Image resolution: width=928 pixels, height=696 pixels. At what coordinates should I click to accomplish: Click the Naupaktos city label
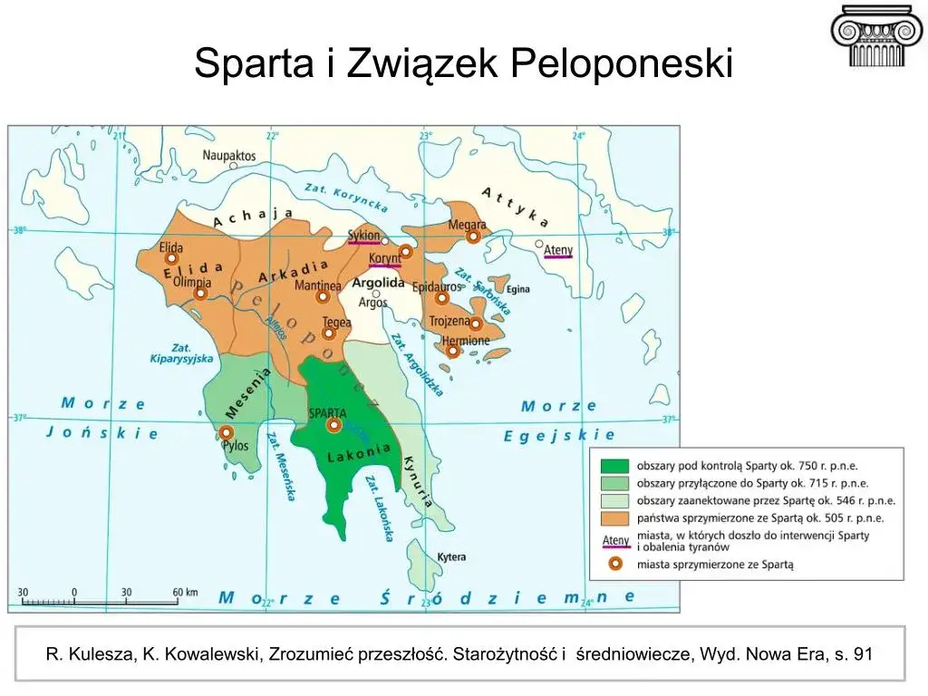click(228, 155)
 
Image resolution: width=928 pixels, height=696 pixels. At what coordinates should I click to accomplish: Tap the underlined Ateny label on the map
click(557, 249)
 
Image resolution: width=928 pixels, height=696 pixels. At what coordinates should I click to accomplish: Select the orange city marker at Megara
click(473, 237)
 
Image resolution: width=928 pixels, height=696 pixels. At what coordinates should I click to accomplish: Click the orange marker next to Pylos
click(226, 432)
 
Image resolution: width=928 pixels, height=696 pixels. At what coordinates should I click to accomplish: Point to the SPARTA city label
click(327, 413)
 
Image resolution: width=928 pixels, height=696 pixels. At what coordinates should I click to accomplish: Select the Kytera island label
click(451, 556)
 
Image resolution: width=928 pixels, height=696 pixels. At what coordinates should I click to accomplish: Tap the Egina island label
click(517, 290)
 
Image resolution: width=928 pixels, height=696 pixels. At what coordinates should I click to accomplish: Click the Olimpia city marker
click(200, 294)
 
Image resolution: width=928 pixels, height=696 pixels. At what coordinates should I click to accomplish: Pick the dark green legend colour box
click(614, 466)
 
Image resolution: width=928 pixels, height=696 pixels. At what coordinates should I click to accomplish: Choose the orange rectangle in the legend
click(614, 517)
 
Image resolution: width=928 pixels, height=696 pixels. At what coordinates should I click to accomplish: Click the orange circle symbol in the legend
click(615, 564)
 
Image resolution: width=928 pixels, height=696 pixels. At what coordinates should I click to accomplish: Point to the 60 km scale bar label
click(185, 593)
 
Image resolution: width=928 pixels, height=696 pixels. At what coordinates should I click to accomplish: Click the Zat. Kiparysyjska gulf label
click(181, 353)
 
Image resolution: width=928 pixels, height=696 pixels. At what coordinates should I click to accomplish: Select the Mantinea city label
click(318, 285)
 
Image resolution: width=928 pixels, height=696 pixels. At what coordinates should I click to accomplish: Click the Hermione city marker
click(452, 351)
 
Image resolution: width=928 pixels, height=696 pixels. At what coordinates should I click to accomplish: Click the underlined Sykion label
click(363, 235)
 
